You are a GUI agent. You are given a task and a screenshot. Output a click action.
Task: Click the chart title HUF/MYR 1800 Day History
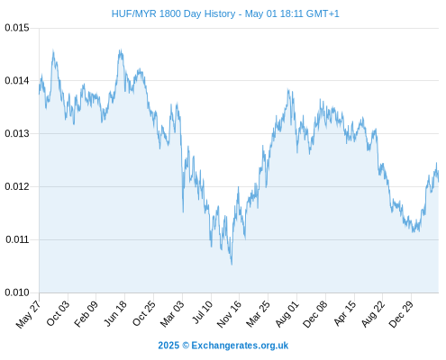(x=174, y=13)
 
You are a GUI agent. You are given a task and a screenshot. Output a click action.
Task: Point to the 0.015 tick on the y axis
(x=17, y=28)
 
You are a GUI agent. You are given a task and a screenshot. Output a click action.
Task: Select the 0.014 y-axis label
(x=17, y=80)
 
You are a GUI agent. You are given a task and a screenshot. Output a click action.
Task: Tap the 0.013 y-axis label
(x=17, y=133)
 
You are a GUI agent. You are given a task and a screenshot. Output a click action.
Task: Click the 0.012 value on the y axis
(x=17, y=186)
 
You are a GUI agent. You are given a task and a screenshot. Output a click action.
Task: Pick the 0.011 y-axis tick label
(x=17, y=239)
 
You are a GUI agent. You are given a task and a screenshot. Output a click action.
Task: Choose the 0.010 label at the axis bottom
(x=17, y=292)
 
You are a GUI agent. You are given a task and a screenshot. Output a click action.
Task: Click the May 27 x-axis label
(x=28, y=314)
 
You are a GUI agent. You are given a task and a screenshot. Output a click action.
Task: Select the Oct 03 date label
(x=58, y=313)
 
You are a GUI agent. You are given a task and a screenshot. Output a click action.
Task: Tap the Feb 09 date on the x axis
(x=86, y=313)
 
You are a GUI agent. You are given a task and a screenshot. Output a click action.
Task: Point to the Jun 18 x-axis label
(x=115, y=313)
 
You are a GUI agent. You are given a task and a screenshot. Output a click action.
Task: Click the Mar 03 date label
(x=171, y=314)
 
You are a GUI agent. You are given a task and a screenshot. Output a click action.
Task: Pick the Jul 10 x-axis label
(x=202, y=312)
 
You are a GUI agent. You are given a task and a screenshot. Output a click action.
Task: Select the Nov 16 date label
(x=229, y=314)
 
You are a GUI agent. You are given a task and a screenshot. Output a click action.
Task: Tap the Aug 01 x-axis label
(x=287, y=314)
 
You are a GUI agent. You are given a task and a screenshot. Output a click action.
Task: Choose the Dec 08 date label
(x=315, y=314)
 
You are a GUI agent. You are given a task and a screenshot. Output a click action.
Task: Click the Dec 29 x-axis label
(x=401, y=314)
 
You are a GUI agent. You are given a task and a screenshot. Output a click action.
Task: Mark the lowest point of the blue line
(x=232, y=265)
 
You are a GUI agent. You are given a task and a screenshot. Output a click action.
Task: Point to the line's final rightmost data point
(x=439, y=181)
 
